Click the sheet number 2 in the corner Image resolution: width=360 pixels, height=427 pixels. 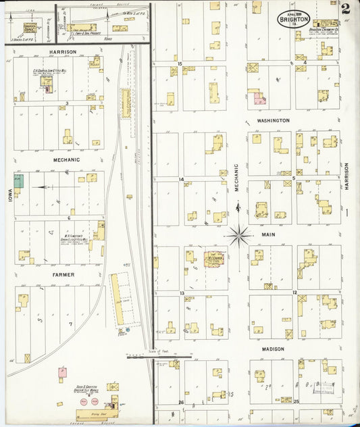[x=346, y=9]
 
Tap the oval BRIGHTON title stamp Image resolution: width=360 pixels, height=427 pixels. [x=292, y=18]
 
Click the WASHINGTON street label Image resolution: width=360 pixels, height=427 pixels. [x=273, y=120]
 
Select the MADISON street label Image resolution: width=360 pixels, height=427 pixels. [x=273, y=349]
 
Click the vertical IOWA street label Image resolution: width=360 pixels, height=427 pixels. [x=10, y=180]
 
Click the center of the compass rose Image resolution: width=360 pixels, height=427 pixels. [x=238, y=236]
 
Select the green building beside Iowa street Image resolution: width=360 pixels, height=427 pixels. [x=18, y=181]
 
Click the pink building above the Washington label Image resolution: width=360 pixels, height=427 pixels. [x=259, y=99]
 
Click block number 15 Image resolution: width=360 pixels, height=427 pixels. [x=180, y=64]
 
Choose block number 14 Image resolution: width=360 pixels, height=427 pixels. [x=181, y=179]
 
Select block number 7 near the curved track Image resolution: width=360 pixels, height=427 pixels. [x=70, y=324]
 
